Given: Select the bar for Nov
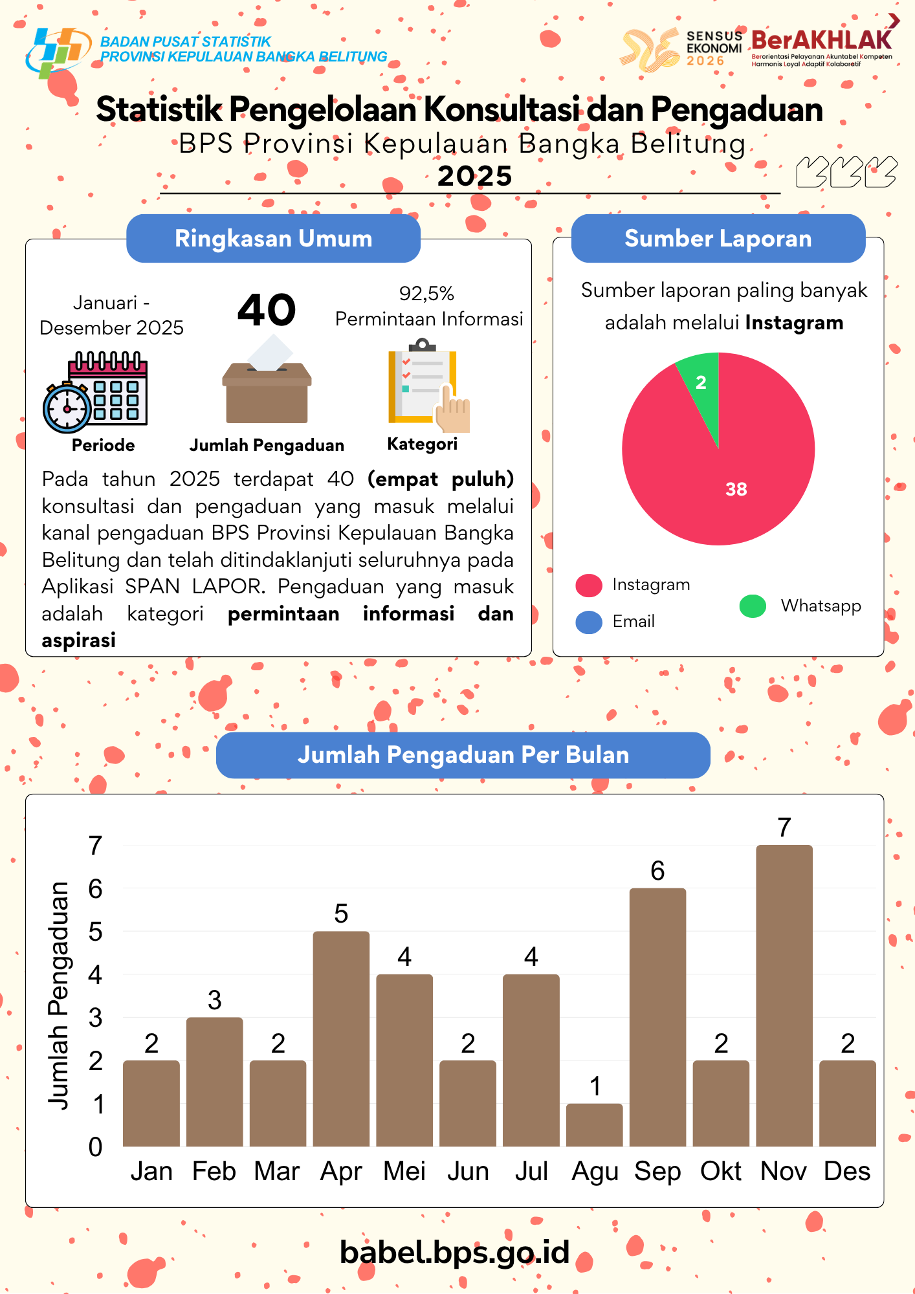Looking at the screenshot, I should pos(784,996).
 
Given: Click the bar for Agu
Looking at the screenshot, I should pos(594,1125).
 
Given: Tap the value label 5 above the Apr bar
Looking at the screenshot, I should pos(341,914).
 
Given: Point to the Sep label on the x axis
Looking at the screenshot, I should pos(657,1171).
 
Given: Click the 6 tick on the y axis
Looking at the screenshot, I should pos(95,889).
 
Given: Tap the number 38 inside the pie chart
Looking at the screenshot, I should pos(736,489).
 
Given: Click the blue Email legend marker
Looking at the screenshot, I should pos(589,622).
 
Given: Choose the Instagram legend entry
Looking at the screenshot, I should pos(650,585).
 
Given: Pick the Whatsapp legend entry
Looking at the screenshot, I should pos(820,606).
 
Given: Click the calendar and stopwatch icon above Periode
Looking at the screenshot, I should pos(96,392).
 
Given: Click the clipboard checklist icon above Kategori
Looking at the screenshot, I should pos(427,387).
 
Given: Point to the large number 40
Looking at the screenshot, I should pos(267,310).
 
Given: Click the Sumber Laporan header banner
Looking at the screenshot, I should pos(718,239).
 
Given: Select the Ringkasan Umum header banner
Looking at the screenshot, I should pos(273,239).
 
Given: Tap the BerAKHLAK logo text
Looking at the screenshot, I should pos(821,41).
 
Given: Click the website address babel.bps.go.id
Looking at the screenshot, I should pos(454,1252).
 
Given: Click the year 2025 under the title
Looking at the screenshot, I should pos(474,176).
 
